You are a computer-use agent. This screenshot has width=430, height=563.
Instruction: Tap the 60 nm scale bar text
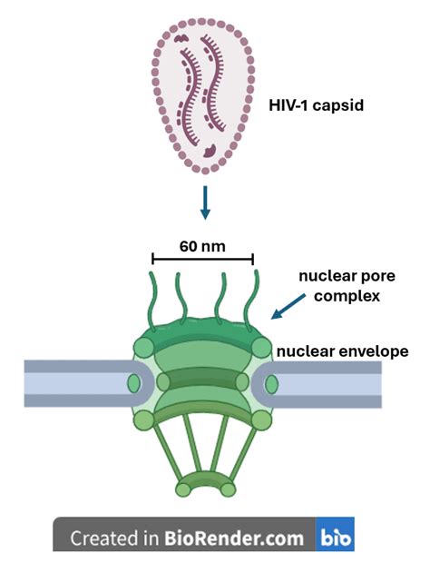(201, 245)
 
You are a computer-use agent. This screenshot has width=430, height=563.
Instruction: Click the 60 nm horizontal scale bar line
(201, 260)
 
